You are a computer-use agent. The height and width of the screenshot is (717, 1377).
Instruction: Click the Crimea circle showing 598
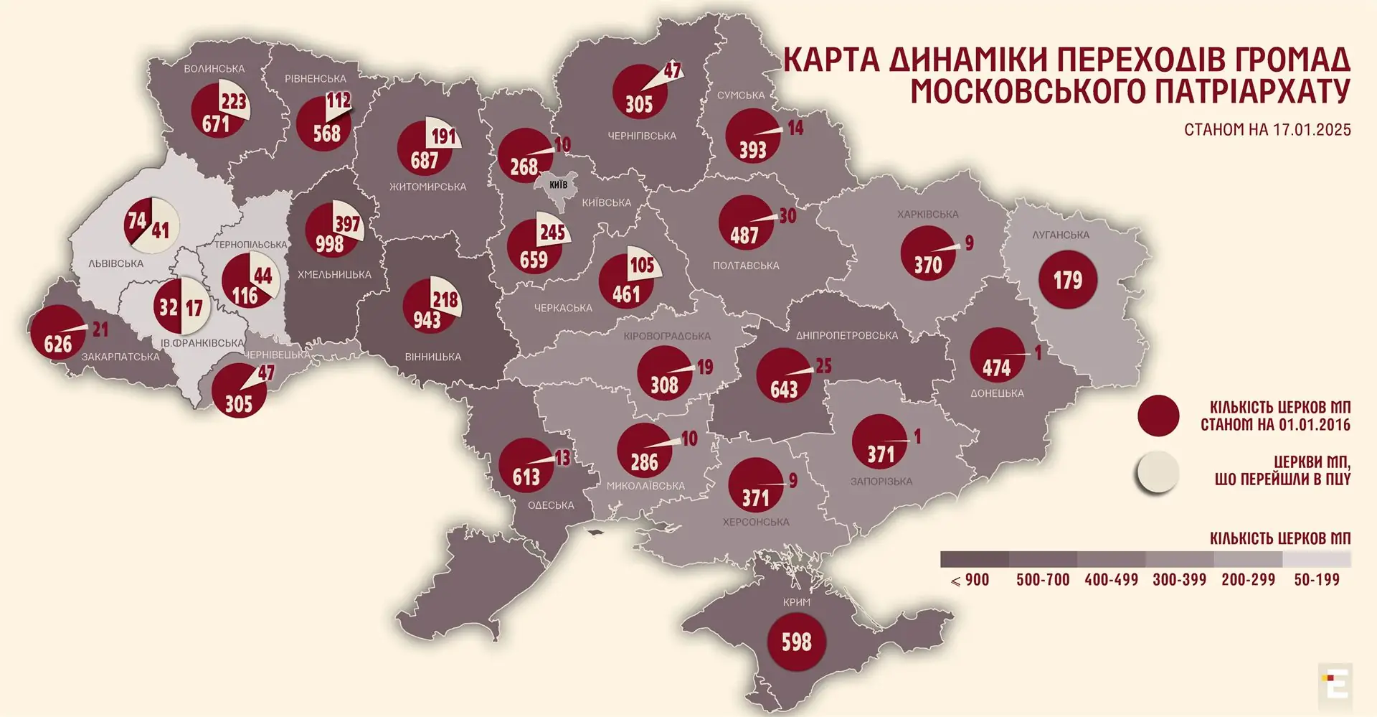(796, 642)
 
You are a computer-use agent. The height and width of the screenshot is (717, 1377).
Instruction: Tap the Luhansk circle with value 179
(1067, 280)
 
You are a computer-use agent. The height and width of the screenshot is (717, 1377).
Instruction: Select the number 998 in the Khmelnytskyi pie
(329, 244)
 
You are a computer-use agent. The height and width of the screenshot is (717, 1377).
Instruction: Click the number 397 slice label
(348, 224)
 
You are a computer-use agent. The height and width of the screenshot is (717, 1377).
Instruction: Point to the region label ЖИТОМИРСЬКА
(427, 187)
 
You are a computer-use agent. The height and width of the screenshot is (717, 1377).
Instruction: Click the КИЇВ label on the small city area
(558, 184)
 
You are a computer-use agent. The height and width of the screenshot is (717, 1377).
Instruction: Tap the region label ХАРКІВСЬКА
(927, 215)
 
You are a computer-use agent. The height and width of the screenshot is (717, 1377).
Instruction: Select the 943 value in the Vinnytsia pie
(427, 320)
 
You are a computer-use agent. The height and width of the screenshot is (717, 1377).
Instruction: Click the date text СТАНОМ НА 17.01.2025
(1267, 130)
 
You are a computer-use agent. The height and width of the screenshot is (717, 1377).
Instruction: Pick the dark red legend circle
(1158, 416)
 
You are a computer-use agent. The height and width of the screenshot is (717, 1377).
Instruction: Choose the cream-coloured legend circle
(1158, 472)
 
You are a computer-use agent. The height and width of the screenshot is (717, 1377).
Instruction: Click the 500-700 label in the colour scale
(1042, 580)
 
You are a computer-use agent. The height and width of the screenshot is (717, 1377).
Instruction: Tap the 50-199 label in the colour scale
(1316, 580)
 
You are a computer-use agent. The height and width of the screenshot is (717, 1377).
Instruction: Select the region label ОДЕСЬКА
(551, 505)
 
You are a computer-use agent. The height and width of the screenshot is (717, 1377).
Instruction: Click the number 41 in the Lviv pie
(161, 231)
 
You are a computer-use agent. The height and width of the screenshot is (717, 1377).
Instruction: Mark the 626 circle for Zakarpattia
(57, 332)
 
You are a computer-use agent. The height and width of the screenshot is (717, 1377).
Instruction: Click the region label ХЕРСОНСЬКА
(755, 522)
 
